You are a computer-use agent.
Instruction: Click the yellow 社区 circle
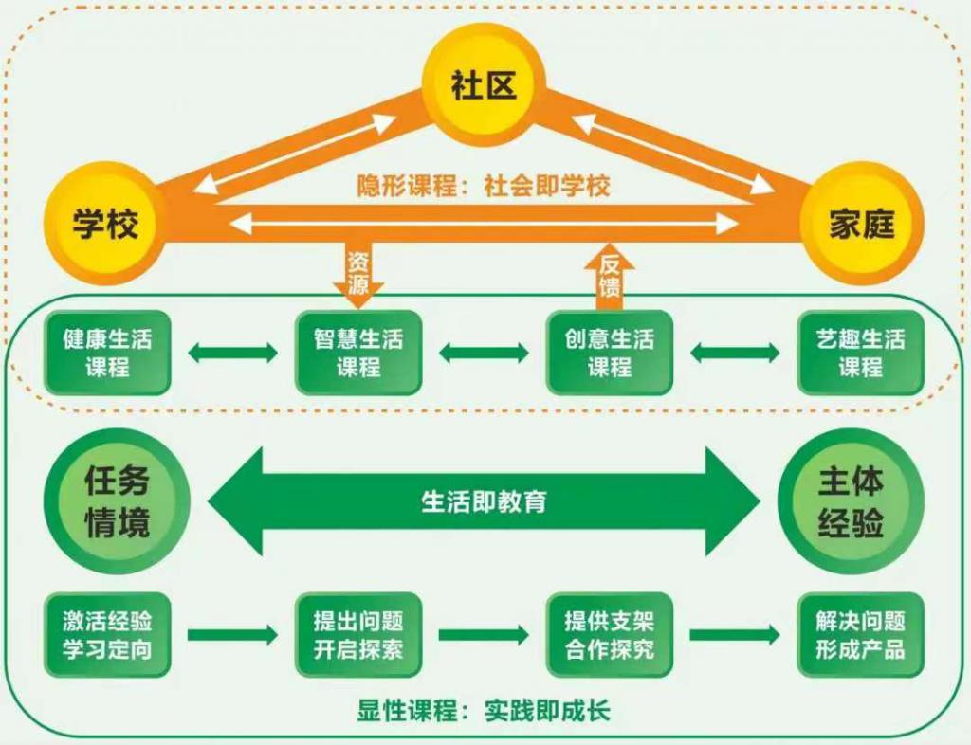[x=484, y=86]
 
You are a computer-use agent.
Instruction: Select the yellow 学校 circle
[x=106, y=224]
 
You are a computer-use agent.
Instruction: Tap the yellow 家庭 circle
[x=861, y=224]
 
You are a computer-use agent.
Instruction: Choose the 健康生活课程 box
[x=107, y=353]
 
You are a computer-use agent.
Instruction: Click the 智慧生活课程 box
[x=357, y=353]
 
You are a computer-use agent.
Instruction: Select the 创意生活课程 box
[x=610, y=353]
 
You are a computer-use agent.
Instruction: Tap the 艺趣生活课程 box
[x=860, y=353]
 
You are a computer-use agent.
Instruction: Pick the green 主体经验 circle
[x=850, y=500]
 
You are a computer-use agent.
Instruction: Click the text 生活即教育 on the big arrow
[x=484, y=501]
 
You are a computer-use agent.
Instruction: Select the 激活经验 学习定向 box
[x=107, y=635]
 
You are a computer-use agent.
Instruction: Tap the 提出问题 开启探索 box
[x=357, y=635]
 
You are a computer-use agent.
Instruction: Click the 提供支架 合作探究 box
[x=610, y=635]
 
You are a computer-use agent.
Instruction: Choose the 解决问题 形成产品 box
[x=860, y=635]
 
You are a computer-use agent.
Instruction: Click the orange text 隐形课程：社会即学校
[x=484, y=186]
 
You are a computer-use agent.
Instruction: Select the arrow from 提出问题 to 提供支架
[x=484, y=635]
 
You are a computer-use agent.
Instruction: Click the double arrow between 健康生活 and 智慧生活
[x=232, y=354]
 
